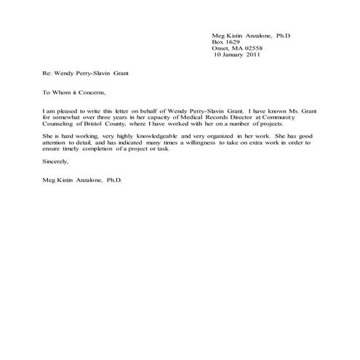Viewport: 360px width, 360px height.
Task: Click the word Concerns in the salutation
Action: tap(92, 92)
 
